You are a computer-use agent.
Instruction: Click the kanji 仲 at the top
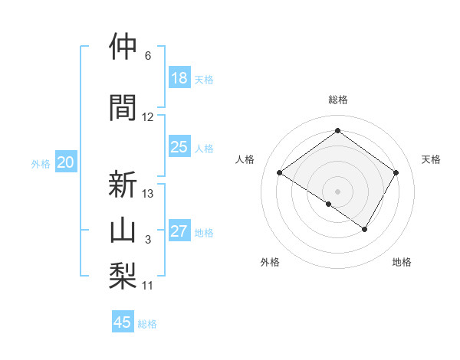tap(123, 47)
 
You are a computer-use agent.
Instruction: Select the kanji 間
tap(123, 106)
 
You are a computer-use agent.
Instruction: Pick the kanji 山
tap(123, 228)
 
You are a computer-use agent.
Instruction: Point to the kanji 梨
tap(123, 273)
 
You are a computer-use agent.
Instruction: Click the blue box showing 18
tap(179, 78)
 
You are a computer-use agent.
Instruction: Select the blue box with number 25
tap(179, 147)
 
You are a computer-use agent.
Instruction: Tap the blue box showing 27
tap(179, 231)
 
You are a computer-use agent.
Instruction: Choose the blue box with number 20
tap(66, 162)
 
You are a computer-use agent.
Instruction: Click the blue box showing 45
tap(123, 322)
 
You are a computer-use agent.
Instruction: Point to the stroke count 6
tap(148, 56)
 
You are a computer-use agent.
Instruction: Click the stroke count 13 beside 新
tap(148, 193)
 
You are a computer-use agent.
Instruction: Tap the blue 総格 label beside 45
tap(147, 324)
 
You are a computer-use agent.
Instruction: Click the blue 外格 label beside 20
tap(41, 164)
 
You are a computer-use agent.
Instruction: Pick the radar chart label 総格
tap(337, 100)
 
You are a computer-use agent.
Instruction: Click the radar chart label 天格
tap(432, 159)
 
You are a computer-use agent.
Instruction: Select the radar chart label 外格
tap(270, 262)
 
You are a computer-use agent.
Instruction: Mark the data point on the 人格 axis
tap(280, 173)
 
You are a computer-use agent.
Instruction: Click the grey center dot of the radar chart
tap(337, 191)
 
